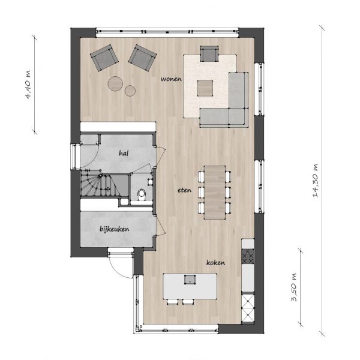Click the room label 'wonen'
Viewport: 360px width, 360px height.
point(171,79)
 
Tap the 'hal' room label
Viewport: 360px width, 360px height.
point(124,153)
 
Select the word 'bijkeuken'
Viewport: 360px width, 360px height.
point(115,229)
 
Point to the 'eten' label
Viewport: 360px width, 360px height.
point(184,190)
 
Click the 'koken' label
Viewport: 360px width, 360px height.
point(215,262)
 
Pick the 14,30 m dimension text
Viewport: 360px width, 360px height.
point(316,181)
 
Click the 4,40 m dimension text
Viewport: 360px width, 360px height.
point(28,84)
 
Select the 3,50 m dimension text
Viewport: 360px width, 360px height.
point(294,287)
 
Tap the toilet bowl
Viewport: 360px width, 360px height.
point(141,193)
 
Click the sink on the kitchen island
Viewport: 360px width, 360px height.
point(190,279)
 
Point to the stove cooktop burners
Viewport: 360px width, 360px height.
point(248,256)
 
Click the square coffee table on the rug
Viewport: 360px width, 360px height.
point(205,88)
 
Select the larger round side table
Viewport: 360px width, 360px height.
point(115,83)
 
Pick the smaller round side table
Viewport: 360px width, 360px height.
point(130,91)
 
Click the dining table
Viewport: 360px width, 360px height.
point(215,193)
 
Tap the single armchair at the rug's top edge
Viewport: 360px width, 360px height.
point(209,54)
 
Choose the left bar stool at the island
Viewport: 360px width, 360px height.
point(172,302)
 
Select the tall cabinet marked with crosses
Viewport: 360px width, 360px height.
point(248,308)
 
